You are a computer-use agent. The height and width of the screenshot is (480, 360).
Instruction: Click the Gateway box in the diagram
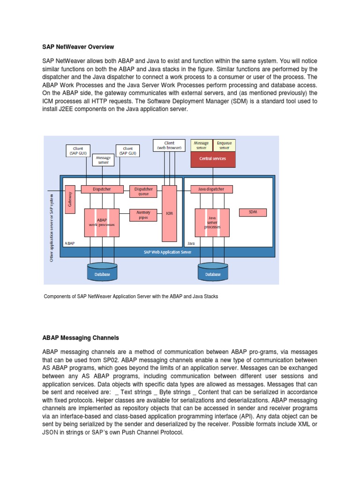tap(70, 199)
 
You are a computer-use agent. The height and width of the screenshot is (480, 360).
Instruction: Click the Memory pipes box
tap(143, 215)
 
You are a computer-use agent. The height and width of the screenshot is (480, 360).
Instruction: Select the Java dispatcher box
tap(208, 189)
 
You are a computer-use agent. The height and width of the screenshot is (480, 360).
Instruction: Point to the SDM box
tap(253, 212)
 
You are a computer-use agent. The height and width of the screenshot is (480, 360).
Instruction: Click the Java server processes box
tap(212, 222)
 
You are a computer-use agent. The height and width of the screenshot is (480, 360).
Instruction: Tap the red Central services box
tap(212, 159)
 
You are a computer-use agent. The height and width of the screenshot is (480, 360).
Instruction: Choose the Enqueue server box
tap(224, 145)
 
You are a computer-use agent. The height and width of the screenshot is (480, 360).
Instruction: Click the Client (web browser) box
tap(169, 145)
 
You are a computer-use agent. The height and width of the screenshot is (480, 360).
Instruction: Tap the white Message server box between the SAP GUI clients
tap(103, 160)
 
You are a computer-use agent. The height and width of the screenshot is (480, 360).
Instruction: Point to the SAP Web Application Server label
tap(167, 252)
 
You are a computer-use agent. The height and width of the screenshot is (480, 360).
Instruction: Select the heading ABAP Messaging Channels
tap(81, 337)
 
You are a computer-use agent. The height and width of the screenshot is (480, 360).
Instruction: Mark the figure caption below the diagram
tap(131, 297)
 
